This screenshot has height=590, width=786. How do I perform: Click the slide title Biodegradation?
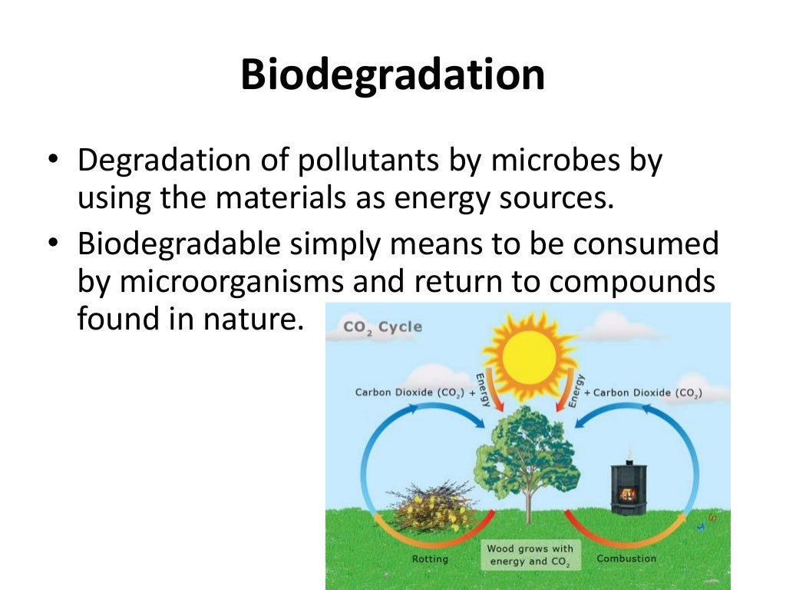(392, 75)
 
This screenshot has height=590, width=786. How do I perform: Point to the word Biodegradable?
(182, 244)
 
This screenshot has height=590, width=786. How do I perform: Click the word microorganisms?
(230, 281)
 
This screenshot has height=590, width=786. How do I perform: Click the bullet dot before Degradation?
(51, 163)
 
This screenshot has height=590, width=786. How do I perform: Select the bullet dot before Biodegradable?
(51, 246)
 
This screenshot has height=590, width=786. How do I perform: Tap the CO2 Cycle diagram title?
(382, 326)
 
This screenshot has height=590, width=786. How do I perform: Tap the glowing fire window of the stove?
(628, 492)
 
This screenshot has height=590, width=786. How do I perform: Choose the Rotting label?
(430, 559)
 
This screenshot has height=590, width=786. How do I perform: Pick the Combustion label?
(626, 559)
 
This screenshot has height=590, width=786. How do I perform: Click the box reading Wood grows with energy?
(530, 555)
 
